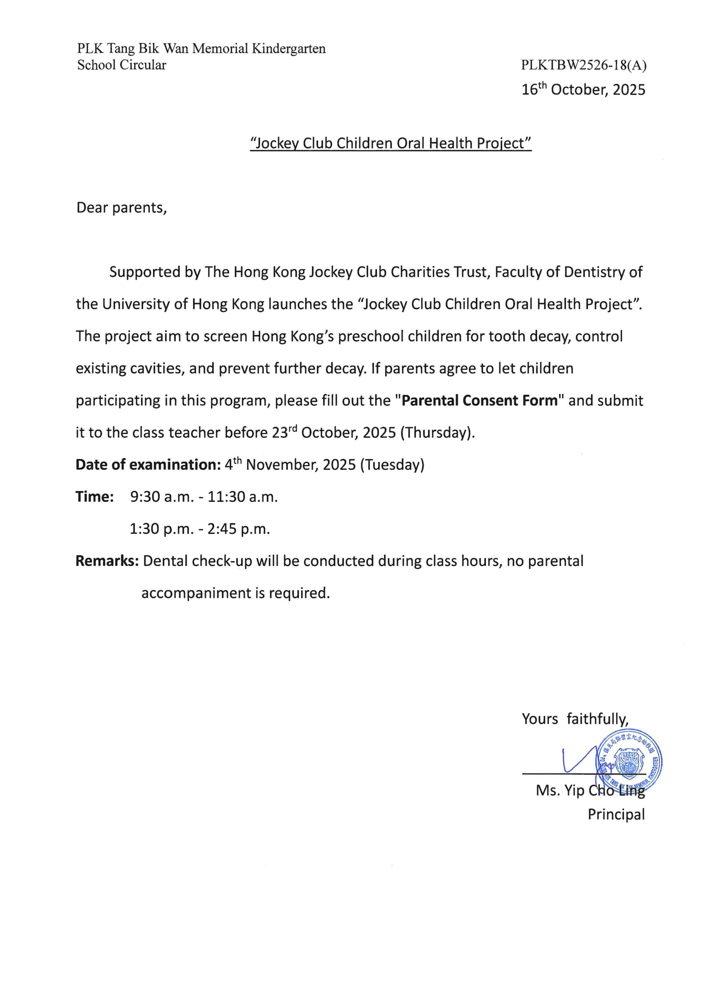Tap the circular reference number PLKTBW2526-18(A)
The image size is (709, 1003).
583,65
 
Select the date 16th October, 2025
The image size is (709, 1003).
583,90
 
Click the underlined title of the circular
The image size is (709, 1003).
391,143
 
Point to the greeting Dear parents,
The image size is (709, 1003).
122,208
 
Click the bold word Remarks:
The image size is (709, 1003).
107,561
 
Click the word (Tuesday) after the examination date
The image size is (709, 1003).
392,465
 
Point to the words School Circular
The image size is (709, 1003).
122,65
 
